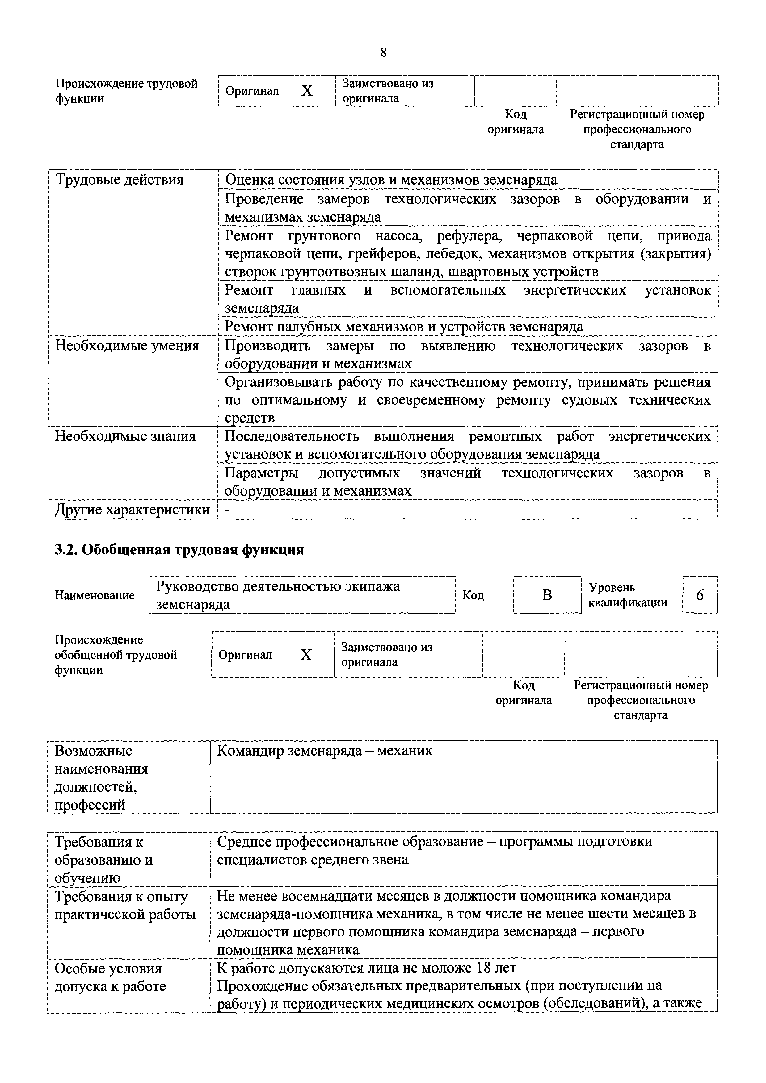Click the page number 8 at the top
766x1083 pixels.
pyautogui.click(x=383, y=53)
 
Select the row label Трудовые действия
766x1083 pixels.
pyautogui.click(x=120, y=180)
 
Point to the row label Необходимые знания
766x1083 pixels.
pyautogui.click(x=125, y=436)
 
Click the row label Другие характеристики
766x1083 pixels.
pyautogui.click(x=132, y=510)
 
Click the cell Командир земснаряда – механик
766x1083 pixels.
pyautogui.click(x=325, y=751)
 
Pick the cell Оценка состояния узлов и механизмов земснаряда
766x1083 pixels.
pyautogui.click(x=391, y=180)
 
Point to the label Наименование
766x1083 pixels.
pyautogui.click(x=95, y=595)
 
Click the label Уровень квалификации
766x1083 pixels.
pyautogui.click(x=628, y=595)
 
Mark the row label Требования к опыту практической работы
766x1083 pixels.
pyautogui.click(x=125, y=906)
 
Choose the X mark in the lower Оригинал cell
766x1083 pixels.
pyautogui.click(x=306, y=655)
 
